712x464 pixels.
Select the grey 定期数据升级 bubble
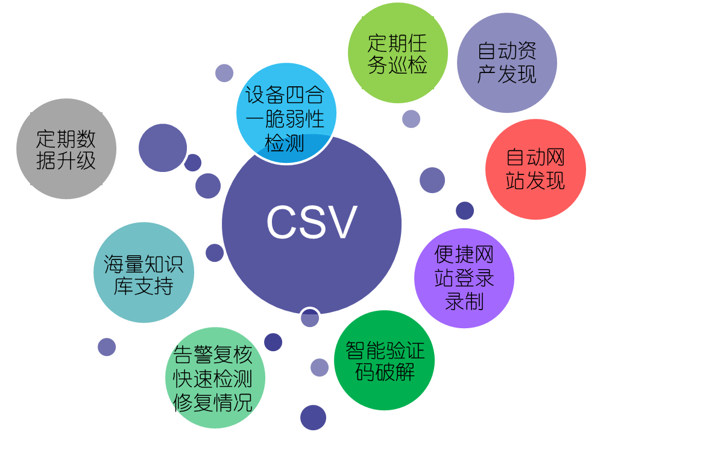[66, 148]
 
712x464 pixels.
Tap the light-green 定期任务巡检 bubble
[398, 52]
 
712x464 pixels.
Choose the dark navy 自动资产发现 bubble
[507, 62]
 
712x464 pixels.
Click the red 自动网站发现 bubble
[535, 169]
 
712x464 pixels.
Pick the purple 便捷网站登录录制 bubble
[464, 278]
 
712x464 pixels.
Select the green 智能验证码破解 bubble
[385, 361]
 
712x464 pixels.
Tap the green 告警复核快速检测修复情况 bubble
[215, 378]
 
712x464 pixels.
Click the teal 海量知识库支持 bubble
[144, 272]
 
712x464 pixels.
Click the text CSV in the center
[312, 223]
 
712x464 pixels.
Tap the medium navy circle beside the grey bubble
[163, 147]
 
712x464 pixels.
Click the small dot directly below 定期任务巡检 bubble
[411, 118]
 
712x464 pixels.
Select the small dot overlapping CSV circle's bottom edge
[310, 317]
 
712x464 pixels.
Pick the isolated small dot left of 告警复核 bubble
[107, 346]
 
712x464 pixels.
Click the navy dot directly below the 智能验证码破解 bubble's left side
[313, 417]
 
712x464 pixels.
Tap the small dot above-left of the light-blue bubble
[224, 73]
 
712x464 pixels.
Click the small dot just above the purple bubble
[465, 211]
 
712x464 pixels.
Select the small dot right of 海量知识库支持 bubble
[214, 252]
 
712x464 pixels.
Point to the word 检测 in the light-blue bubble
[285, 144]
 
